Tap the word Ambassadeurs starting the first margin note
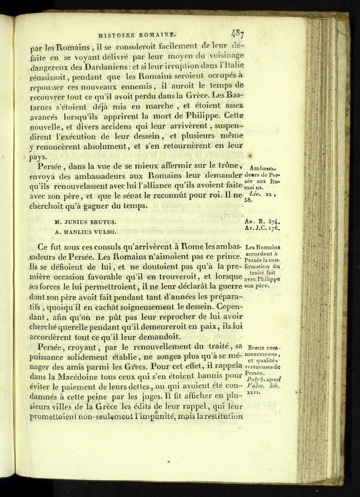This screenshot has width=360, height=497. pyautogui.click(x=262, y=168)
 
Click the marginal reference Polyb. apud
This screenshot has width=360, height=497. pyautogui.click(x=264, y=379)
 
